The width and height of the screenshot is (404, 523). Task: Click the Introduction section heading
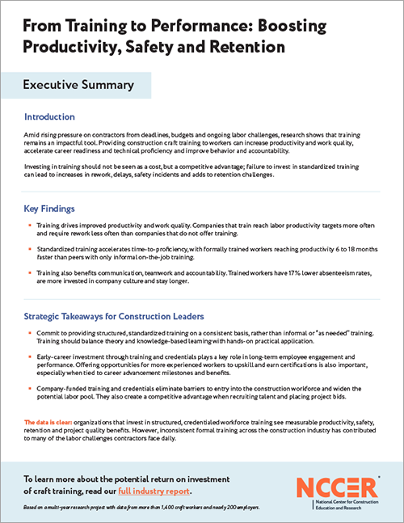(61, 116)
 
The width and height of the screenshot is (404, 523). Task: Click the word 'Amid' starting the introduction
(32, 132)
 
